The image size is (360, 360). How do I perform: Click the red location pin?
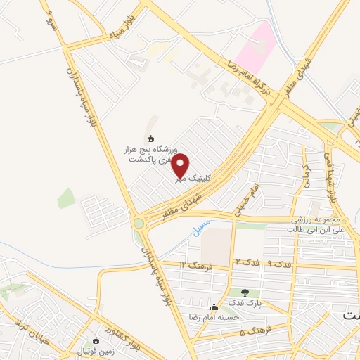(x=181, y=167)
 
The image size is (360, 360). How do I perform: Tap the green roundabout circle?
(x=139, y=224)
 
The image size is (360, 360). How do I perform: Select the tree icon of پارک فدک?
(x=245, y=292)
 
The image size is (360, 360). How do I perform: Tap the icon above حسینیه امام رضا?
(x=214, y=307)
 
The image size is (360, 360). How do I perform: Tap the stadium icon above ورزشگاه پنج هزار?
(x=151, y=138)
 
